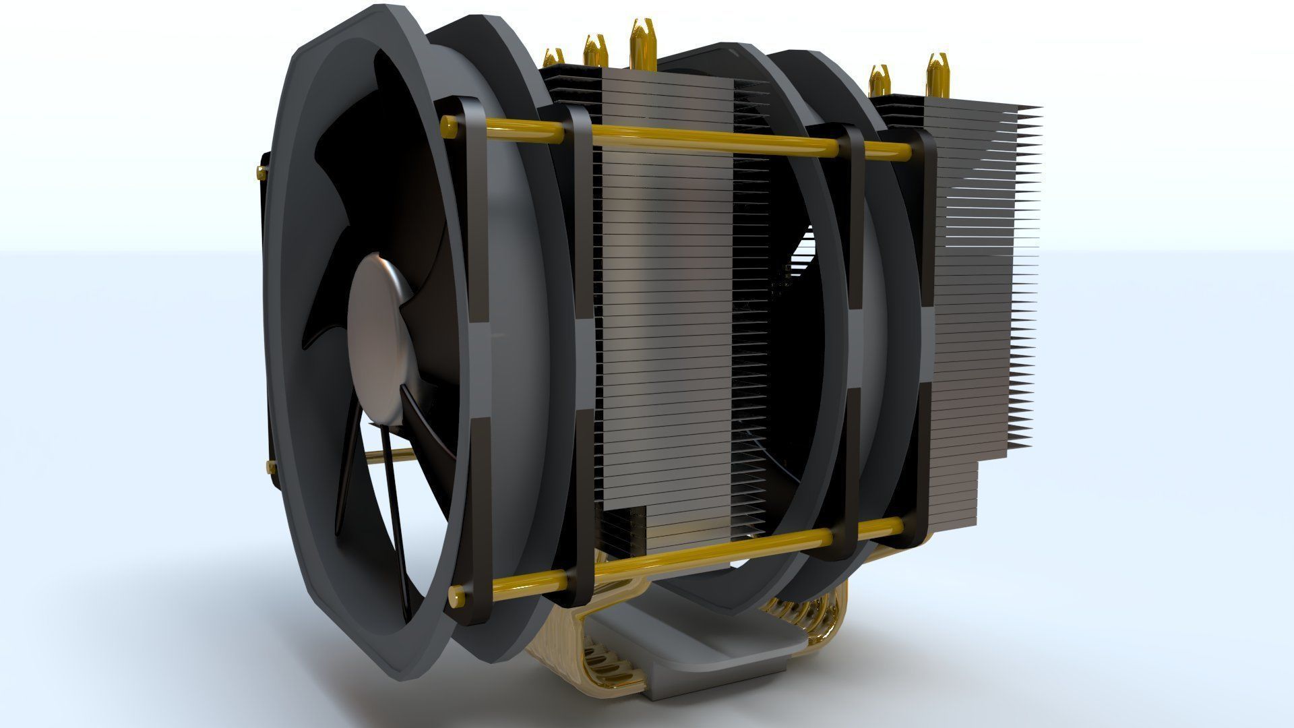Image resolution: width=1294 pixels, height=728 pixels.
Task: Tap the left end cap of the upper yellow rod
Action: coord(447,124)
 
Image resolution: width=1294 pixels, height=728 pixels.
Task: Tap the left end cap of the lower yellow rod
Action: coord(455,596)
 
